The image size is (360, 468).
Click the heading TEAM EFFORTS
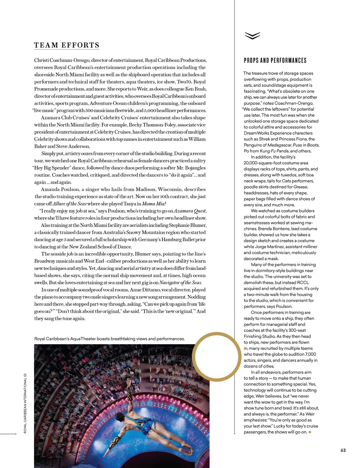click(66, 45)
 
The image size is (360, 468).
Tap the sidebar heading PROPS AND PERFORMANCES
click(275, 61)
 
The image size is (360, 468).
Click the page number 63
click(343, 450)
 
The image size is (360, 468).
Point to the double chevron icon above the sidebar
click(252, 36)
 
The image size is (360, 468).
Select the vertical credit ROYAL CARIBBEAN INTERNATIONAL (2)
click(25, 403)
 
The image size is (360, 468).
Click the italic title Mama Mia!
click(154, 204)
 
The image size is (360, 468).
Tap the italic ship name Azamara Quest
click(190, 211)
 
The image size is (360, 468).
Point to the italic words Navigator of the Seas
click(180, 283)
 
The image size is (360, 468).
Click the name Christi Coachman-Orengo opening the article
click(62, 60)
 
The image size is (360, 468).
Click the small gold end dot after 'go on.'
click(310, 432)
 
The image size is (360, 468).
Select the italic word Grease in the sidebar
click(301, 187)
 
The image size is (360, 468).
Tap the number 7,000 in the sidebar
click(310, 354)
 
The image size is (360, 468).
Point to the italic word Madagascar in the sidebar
click(279, 145)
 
